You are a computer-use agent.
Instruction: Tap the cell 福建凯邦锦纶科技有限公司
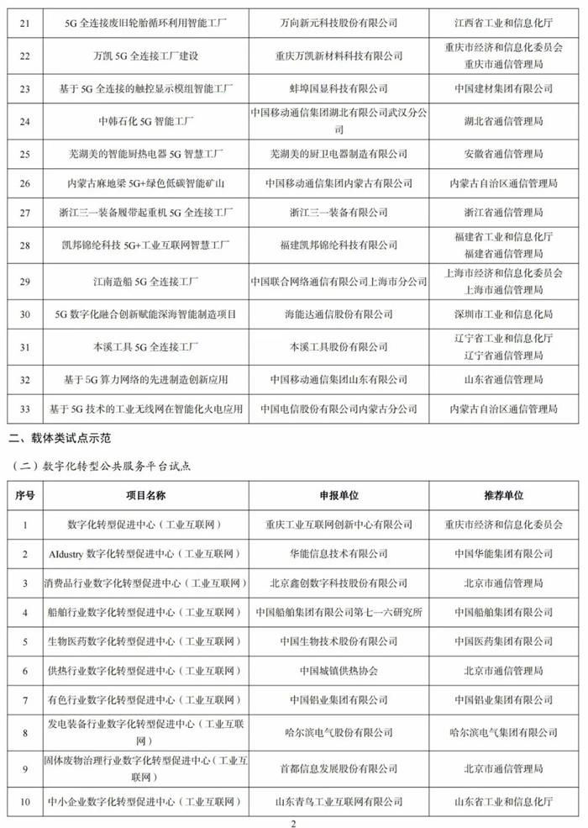tap(339, 245)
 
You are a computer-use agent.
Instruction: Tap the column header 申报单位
tap(339, 495)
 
